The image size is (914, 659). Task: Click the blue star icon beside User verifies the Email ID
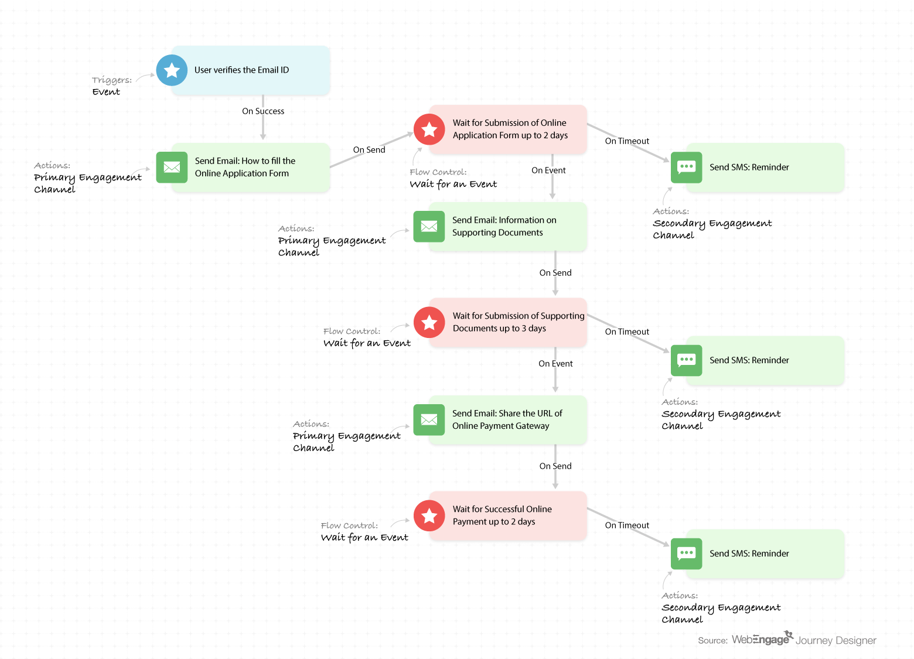coord(172,70)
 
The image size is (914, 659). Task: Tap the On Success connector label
coord(263,111)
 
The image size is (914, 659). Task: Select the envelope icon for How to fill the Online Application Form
coord(172,168)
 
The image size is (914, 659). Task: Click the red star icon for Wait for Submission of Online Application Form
coord(429,129)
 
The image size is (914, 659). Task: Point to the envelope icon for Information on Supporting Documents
coord(429,227)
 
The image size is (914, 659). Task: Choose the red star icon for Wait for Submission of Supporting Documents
coord(429,322)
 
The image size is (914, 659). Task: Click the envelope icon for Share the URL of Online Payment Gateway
coord(429,420)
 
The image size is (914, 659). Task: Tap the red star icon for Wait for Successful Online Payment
coord(429,515)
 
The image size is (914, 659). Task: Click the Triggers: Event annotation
coord(111,86)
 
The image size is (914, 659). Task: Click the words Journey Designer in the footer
coord(835,640)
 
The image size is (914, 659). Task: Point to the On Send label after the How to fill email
coord(369,150)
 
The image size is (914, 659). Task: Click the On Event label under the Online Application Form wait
coord(548,170)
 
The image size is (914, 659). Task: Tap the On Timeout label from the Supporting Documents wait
coord(627,332)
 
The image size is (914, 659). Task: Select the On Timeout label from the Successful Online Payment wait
coord(627,525)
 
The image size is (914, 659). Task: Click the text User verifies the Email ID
coord(241,70)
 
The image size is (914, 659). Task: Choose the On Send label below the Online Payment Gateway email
coord(555,466)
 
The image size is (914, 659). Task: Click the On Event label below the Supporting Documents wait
coord(555,364)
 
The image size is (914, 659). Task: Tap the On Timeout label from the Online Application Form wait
coord(627,141)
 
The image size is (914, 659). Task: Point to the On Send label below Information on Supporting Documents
coord(555,272)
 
